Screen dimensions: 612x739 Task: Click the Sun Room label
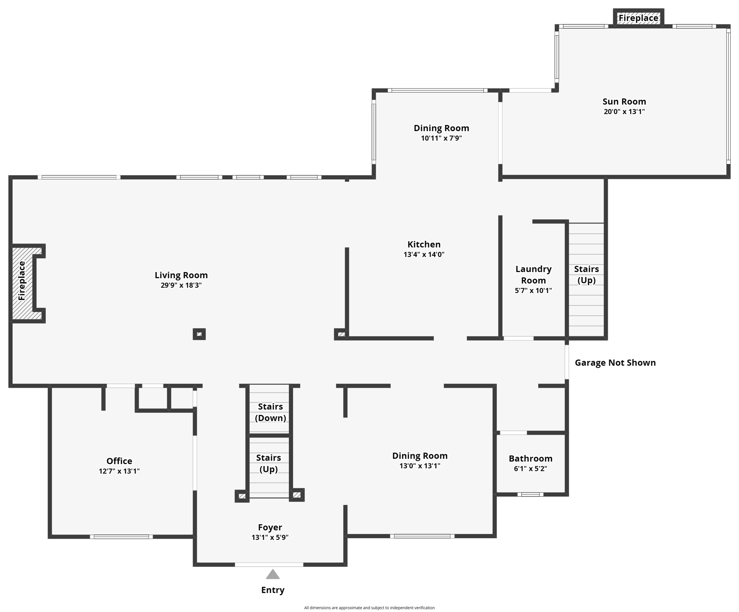coord(624,102)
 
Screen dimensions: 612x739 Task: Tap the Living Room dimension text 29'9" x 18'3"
coord(181,285)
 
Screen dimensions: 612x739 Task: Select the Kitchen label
coord(424,244)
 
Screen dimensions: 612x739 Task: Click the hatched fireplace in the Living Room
coord(22,281)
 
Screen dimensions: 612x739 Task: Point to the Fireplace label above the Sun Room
coord(638,18)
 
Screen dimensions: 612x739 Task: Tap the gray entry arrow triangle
coord(272,574)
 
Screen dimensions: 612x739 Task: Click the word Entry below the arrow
coord(272,590)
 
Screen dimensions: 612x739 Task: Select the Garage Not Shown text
coord(615,363)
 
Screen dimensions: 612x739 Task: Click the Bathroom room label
coord(530,459)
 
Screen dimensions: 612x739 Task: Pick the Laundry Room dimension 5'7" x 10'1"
coord(533,290)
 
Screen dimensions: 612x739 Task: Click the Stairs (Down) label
coord(270,412)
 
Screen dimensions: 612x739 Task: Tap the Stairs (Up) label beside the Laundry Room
coord(586,275)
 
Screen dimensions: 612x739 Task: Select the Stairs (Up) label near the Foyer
coord(269,463)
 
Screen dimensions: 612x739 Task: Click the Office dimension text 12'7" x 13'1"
coord(119,471)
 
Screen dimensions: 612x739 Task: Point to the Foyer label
coord(270,528)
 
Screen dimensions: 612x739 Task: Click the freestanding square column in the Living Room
coord(199,334)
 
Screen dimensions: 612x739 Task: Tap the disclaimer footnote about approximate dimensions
coord(369,608)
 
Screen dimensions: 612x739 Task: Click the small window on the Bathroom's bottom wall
coord(530,494)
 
